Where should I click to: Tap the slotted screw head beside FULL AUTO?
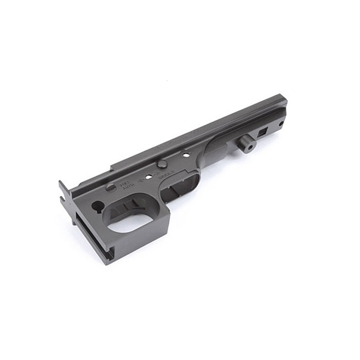pyautogui.click(x=111, y=187)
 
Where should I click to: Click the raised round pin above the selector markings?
pyautogui.click(x=161, y=164)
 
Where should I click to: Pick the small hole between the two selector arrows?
pyautogui.click(x=149, y=176)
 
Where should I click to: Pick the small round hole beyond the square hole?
pyautogui.click(x=281, y=124)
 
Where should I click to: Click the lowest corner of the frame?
pyautogui.click(x=107, y=263)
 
